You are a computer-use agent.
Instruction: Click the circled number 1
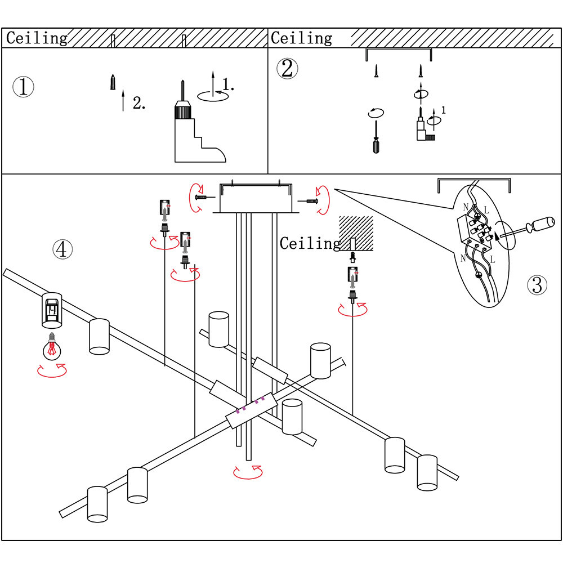coord(23,87)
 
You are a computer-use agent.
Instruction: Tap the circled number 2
coord(287,68)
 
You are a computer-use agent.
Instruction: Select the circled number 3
coord(537,285)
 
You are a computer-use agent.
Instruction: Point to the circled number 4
coord(62,249)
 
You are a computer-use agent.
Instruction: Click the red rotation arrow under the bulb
coord(52,370)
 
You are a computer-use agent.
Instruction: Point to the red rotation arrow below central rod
coord(248,471)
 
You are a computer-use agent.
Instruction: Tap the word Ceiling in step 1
coord(37,38)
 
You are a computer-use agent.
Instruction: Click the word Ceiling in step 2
coord(301,38)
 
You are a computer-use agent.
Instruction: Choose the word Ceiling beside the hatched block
coord(310,243)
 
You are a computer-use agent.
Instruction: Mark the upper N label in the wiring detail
coord(466,207)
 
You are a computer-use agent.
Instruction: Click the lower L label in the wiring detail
coord(492,260)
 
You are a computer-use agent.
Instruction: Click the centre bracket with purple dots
coord(251,409)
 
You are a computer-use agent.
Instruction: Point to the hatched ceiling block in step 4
coord(356,232)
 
